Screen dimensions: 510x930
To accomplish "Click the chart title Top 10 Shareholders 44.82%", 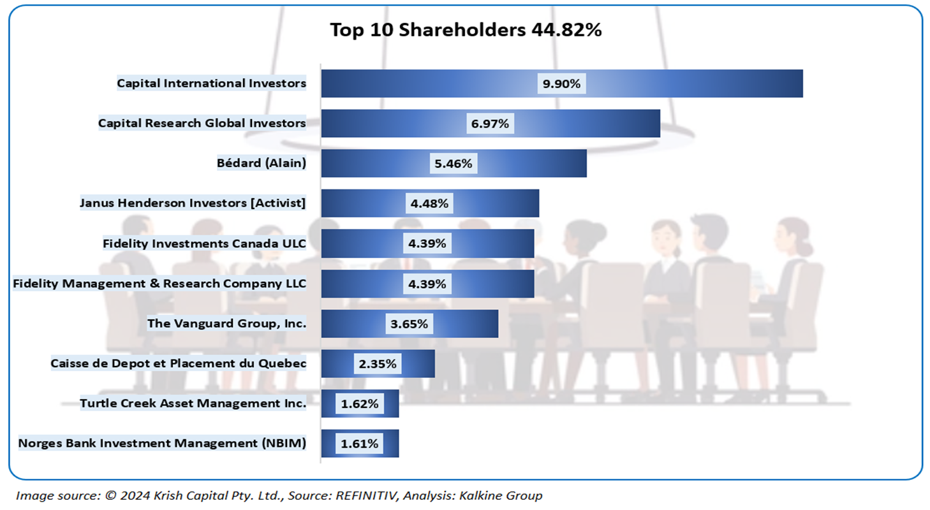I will click(x=466, y=30).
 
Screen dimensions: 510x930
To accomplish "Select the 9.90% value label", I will click(x=561, y=84).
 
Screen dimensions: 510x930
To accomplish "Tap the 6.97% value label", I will click(x=490, y=124).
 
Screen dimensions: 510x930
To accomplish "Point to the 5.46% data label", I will click(x=453, y=164).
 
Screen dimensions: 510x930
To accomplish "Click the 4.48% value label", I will click(x=429, y=204).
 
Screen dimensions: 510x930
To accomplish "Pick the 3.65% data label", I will click(x=409, y=324).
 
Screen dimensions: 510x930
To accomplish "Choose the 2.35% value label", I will click(x=378, y=364).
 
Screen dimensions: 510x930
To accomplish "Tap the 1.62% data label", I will click(x=360, y=404).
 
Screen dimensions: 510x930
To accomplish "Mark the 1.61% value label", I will click(x=360, y=444).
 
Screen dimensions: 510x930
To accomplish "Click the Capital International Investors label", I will click(x=211, y=83).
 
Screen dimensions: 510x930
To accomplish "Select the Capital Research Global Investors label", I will click(x=202, y=123).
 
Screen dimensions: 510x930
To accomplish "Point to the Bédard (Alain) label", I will click(x=262, y=163).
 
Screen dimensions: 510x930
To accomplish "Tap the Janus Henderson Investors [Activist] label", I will click(x=193, y=203).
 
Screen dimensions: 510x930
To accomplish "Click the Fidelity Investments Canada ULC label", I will click(x=204, y=244).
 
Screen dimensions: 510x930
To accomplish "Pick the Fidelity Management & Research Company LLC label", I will click(x=159, y=284).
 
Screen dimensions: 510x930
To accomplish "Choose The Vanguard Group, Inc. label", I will click(x=226, y=324).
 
